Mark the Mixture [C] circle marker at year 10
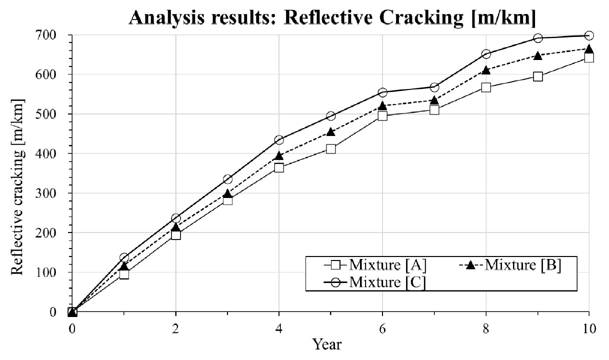coord(589,35)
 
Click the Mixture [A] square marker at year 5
coord(330,148)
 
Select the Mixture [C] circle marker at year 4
coord(279,140)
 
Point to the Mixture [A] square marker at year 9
coord(537,76)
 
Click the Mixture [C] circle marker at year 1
coord(124,257)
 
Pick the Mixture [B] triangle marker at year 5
coord(330,132)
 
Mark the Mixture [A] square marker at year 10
coord(589,57)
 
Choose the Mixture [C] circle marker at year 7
coord(434,87)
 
